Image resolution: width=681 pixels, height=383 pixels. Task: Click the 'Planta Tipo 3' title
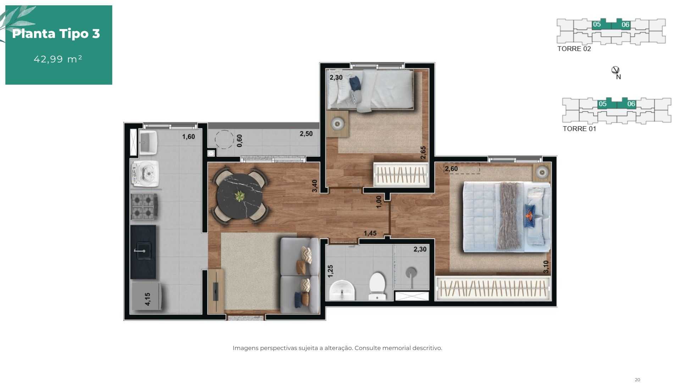56,34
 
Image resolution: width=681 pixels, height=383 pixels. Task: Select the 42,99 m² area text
58,59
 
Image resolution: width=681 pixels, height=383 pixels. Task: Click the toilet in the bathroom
377,286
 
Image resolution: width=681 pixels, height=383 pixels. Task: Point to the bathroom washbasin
342,290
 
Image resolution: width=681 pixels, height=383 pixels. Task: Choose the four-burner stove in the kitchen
144,206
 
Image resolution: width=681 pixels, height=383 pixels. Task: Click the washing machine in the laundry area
144,173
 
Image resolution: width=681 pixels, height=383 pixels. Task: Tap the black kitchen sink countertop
143,252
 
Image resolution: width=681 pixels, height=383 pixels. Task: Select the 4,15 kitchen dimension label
148,299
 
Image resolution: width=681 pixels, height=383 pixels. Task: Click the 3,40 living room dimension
315,186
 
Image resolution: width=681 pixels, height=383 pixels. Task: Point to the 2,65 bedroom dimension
423,152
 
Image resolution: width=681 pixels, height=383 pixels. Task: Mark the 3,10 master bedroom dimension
546,267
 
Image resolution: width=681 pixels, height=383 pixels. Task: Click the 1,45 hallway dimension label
370,233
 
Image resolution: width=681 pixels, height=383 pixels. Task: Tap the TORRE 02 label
574,49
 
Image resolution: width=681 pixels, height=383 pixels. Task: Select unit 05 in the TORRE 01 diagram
603,104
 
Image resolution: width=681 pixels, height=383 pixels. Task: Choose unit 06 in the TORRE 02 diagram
625,24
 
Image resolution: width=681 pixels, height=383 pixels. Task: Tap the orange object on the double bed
530,215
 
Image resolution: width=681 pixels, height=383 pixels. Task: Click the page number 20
637,380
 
